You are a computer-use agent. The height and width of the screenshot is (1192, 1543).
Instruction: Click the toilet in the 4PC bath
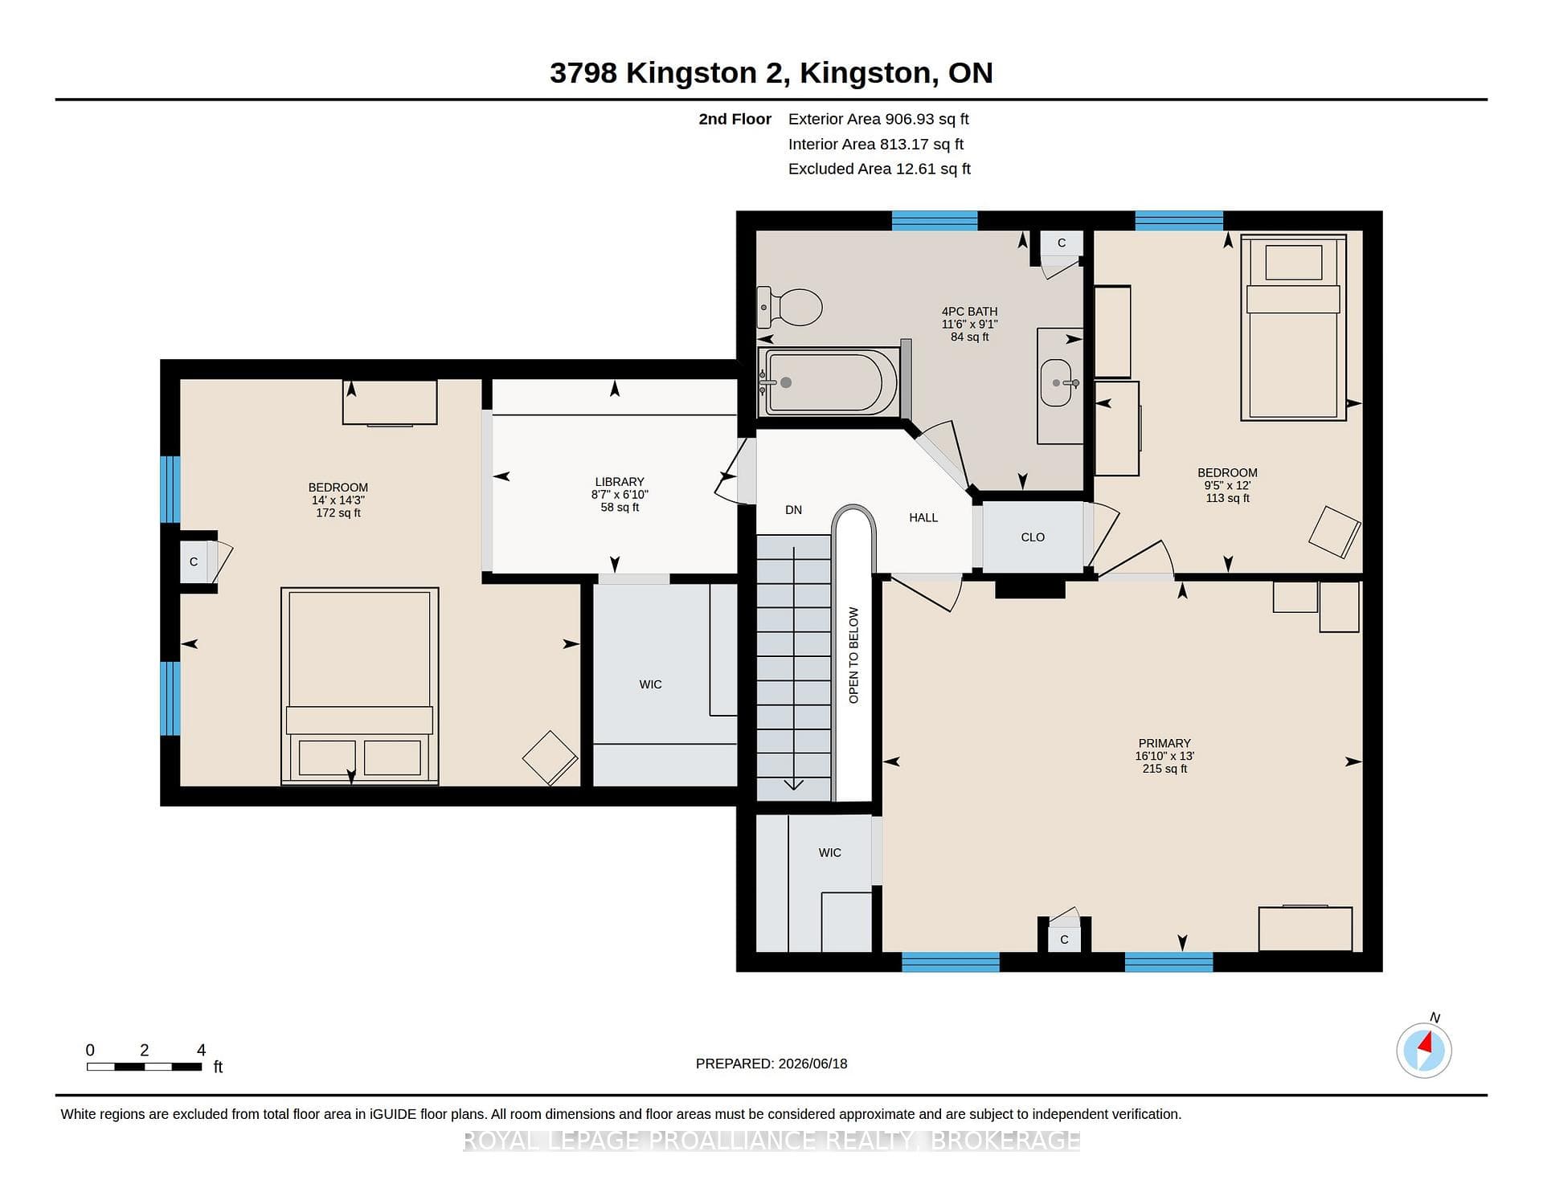790,307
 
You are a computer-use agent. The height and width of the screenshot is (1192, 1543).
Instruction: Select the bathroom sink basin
1057,382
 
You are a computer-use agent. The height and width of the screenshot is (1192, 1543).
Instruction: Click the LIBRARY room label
620,482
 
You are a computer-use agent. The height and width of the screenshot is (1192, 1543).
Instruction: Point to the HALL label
923,517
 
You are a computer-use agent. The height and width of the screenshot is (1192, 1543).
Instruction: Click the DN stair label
793,509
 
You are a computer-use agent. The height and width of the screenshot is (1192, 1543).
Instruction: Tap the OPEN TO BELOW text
853,655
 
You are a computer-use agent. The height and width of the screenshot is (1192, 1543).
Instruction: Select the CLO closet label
1033,537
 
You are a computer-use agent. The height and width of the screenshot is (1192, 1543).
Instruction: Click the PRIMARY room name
1164,743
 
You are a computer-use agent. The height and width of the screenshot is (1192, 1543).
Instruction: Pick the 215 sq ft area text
1164,769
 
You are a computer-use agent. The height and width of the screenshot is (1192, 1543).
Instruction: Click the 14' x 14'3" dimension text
338,500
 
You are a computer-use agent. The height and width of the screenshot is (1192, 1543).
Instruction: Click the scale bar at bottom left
145,1067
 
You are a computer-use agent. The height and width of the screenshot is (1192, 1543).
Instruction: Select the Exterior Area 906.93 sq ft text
878,119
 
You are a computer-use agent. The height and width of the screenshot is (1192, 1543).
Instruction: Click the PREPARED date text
771,1063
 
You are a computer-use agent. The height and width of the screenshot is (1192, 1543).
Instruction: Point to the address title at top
771,72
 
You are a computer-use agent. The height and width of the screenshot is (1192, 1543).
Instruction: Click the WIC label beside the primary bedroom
830,852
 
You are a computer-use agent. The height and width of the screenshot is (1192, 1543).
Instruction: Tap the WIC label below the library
651,684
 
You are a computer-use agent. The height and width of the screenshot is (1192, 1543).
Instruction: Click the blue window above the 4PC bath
935,221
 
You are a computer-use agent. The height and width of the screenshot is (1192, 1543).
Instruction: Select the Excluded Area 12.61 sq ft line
879,169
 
